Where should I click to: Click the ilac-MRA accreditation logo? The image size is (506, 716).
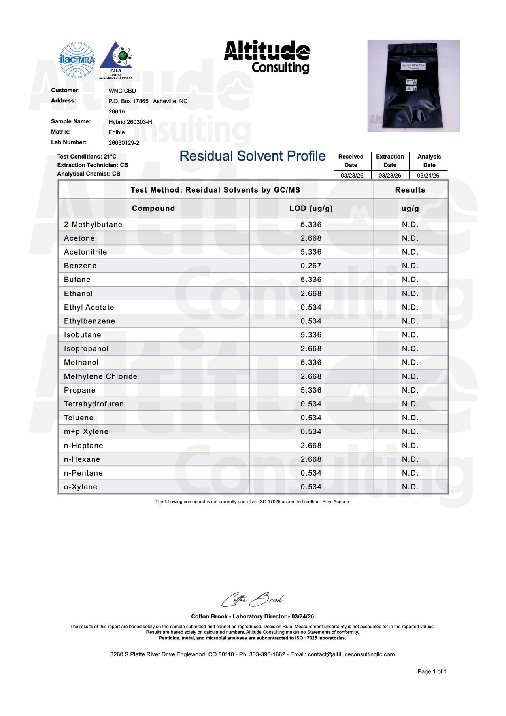click(77, 60)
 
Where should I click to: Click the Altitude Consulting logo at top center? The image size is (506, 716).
click(267, 57)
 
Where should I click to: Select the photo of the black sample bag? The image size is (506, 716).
click(413, 85)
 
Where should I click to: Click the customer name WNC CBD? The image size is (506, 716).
click(122, 91)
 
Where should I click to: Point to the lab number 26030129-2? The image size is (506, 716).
click(124, 143)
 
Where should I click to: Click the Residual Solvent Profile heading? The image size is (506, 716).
click(252, 156)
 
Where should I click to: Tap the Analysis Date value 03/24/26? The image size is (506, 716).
click(428, 176)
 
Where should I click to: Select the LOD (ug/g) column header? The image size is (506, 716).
click(311, 208)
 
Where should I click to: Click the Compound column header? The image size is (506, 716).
click(153, 208)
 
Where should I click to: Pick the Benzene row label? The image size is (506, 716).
click(80, 266)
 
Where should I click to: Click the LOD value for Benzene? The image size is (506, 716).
click(311, 266)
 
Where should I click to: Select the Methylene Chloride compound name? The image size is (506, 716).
click(101, 376)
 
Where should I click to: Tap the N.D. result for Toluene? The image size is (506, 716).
click(410, 418)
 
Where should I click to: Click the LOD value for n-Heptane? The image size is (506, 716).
click(311, 446)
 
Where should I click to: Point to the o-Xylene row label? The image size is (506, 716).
click(81, 487)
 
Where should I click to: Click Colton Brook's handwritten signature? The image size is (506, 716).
click(252, 600)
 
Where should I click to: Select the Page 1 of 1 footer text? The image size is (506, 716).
click(432, 671)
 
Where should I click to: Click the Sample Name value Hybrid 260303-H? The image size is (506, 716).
click(130, 122)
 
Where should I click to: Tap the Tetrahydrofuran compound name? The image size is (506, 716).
click(94, 404)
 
